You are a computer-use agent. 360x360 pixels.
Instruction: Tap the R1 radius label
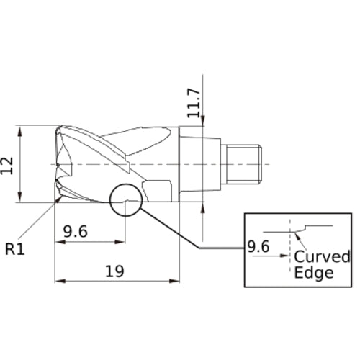pos(15,249)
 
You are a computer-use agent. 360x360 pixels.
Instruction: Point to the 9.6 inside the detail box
pos(259,247)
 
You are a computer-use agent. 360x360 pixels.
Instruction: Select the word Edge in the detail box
pos(314,273)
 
